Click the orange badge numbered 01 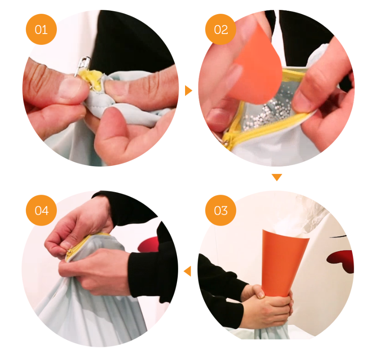41,29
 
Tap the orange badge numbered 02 221,29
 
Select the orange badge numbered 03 221,210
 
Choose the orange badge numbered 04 41,210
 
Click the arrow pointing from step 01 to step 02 188,91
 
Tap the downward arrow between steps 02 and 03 277,177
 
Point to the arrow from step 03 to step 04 188,271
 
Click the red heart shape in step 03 340,261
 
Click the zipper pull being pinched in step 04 70,251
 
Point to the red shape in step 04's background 148,244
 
